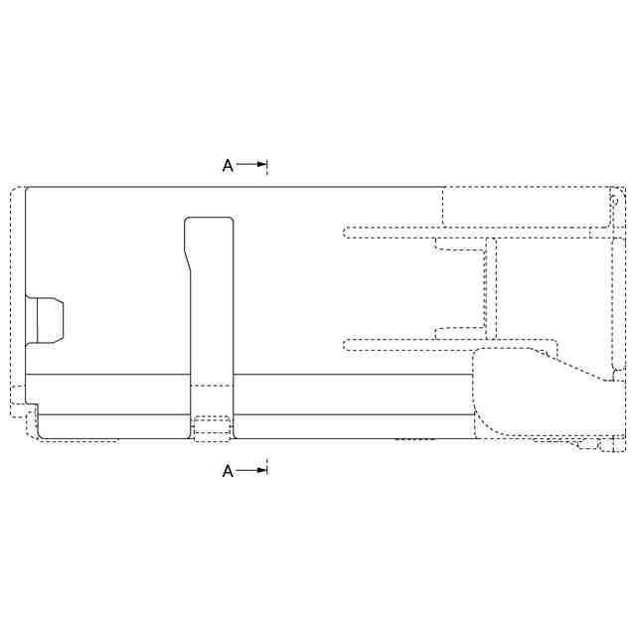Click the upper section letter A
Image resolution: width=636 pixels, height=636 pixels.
(228, 166)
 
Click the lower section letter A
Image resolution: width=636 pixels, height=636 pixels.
(228, 471)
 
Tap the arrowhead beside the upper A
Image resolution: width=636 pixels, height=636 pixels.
(262, 164)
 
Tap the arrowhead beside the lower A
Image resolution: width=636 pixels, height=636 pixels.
(262, 470)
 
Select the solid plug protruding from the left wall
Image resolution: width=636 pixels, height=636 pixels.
(44, 320)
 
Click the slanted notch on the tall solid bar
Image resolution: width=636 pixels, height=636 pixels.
(188, 259)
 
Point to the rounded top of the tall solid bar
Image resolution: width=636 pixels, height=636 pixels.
(209, 219)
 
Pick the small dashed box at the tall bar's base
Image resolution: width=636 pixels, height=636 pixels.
(212, 428)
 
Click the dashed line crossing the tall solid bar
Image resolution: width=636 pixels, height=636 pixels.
(212, 386)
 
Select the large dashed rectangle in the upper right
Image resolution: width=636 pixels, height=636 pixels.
(528, 207)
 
